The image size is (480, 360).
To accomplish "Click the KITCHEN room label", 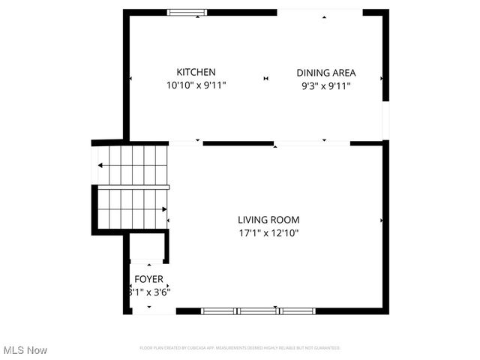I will click(x=196, y=72).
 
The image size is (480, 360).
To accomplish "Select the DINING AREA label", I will click(x=325, y=73).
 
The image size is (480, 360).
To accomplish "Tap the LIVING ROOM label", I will click(x=268, y=220).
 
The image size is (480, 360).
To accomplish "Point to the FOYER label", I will click(x=148, y=279).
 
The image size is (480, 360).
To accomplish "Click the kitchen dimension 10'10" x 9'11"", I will click(x=196, y=85).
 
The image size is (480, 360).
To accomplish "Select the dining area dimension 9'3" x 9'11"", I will click(x=325, y=85).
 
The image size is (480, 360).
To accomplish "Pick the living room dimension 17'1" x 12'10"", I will click(x=268, y=232).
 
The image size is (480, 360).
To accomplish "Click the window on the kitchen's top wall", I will click(x=187, y=12).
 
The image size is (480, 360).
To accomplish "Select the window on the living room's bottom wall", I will click(x=258, y=310).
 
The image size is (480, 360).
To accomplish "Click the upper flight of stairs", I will click(x=132, y=164).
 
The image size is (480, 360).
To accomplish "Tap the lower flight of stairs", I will click(x=132, y=208).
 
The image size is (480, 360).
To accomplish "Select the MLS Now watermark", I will click(x=25, y=350).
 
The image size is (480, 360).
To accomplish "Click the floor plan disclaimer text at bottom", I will click(x=240, y=348).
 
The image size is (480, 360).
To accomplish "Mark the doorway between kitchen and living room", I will click(x=185, y=142).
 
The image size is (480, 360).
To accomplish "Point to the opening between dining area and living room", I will click(x=312, y=142).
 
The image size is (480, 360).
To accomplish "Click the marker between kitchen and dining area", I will click(x=265, y=78).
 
